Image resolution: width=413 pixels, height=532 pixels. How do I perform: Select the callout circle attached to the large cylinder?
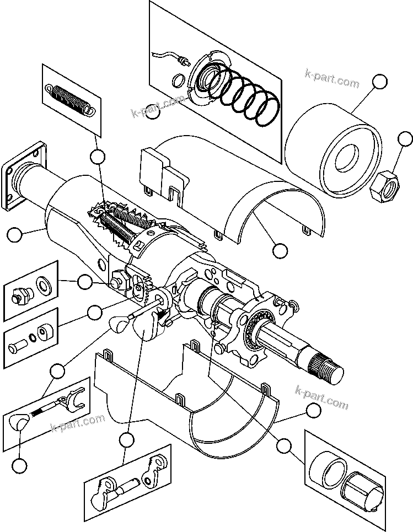pos(379,82)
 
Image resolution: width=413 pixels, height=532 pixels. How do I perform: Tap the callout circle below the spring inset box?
pos(98,157)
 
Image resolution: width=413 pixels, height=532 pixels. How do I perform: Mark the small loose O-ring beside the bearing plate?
pos(178,82)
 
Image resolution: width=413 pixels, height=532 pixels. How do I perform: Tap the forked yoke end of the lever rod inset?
pos(72,399)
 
